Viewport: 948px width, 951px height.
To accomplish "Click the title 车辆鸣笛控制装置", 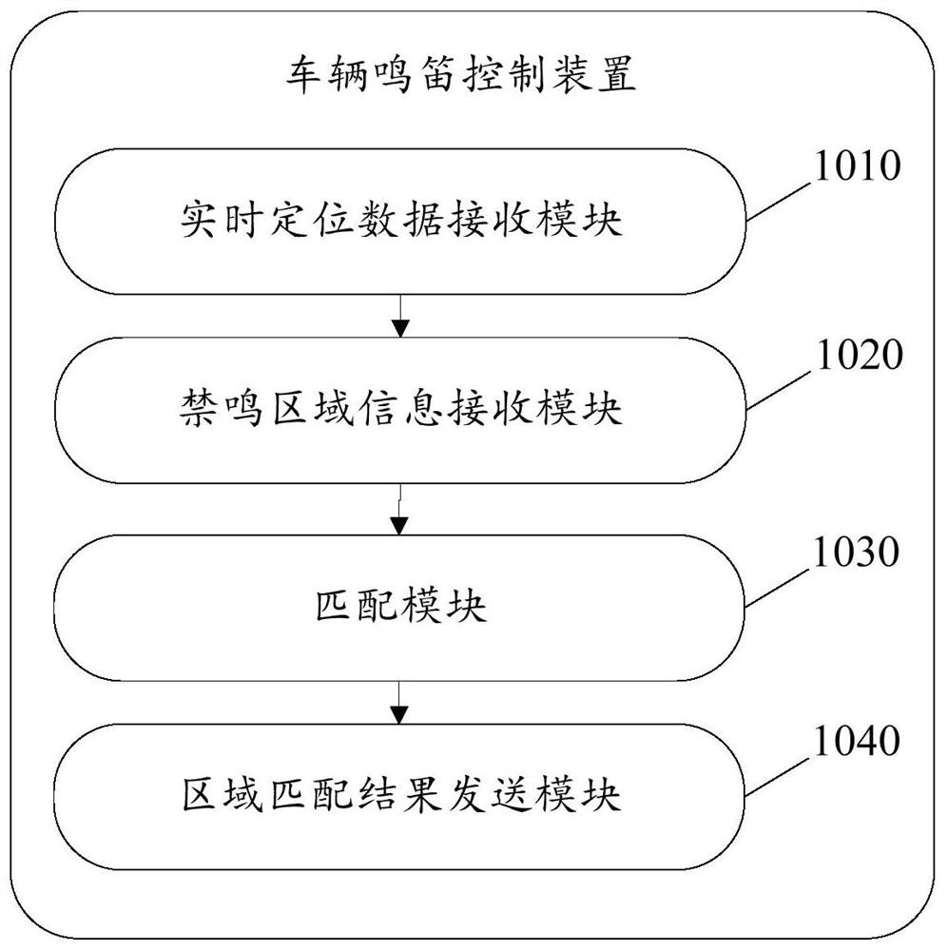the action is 461,74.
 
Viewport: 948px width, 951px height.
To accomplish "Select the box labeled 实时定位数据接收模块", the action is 400,222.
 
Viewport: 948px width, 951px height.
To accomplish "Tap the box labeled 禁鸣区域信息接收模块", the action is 400,411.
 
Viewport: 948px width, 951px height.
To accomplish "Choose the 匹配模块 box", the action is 399,607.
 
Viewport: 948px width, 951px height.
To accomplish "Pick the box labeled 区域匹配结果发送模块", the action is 399,796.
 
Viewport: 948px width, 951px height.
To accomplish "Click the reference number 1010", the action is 857,165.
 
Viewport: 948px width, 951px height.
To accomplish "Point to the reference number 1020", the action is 860,355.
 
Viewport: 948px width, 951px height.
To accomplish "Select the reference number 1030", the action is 856,552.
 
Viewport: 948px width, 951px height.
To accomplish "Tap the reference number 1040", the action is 857,741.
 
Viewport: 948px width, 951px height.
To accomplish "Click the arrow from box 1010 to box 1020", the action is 399,316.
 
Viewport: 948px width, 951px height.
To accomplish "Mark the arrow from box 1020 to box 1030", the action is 399,510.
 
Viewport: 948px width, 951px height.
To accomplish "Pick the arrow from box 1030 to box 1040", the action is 399,703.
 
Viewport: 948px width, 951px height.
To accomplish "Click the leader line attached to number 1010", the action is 779,201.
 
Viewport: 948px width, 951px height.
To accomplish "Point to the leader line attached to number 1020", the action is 779,390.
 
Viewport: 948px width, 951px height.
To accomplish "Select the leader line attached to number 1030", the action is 777,587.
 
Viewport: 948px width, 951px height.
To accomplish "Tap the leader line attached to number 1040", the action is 777,776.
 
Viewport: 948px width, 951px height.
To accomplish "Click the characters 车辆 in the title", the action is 328,74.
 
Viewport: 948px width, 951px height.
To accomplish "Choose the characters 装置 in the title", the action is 593,74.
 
